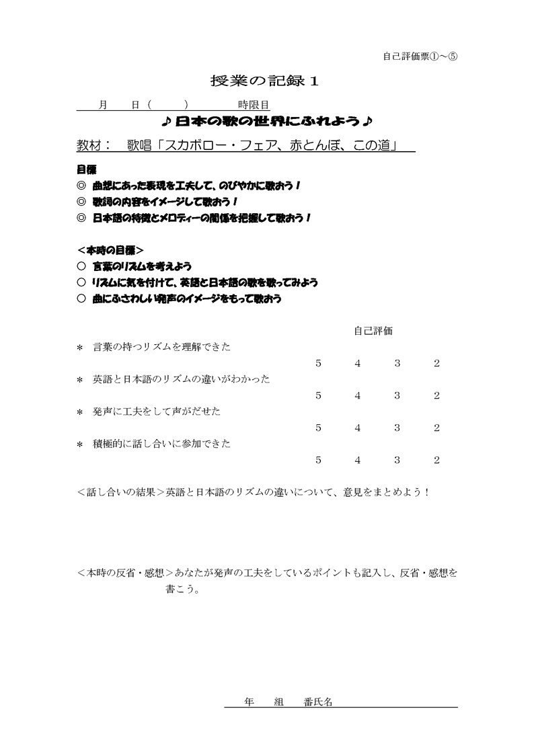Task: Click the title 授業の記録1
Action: [264, 81]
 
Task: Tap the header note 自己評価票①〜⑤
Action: [420, 56]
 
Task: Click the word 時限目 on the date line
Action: [254, 105]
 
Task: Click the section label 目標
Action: [85, 170]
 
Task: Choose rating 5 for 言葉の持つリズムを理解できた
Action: [318, 364]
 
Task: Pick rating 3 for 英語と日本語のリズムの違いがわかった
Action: [397, 396]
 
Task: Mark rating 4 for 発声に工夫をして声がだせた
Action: [358, 428]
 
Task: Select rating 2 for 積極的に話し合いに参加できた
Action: [437, 461]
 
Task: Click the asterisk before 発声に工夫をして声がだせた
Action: [80, 412]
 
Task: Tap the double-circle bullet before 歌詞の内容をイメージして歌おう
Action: [82, 202]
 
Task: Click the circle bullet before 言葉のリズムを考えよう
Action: [82, 266]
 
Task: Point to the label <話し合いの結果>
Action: [121, 492]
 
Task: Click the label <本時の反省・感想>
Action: [126, 573]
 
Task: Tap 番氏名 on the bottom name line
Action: [318, 701]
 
